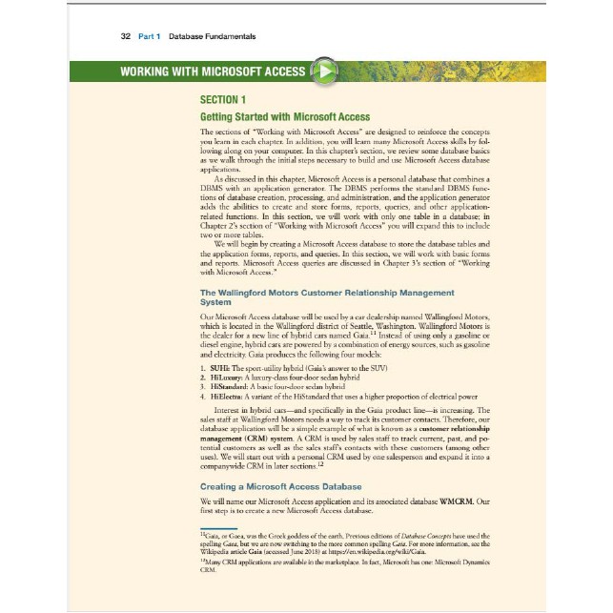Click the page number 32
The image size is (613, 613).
coord(125,35)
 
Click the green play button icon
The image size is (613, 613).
coord(327,72)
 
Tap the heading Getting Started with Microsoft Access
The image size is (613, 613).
coord(284,115)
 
